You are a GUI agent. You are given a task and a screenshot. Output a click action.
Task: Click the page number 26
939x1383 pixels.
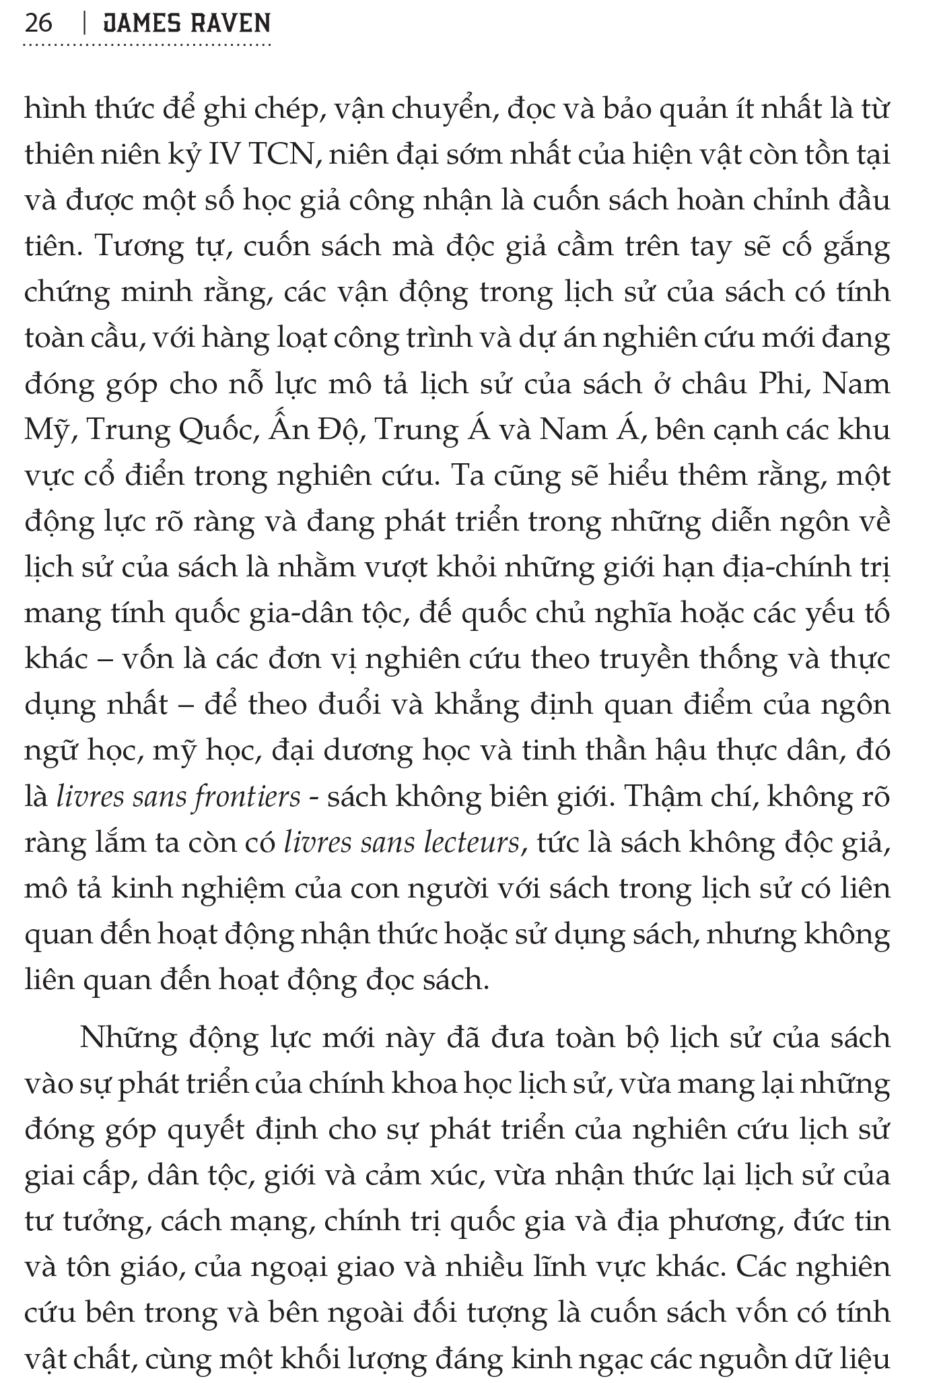(38, 23)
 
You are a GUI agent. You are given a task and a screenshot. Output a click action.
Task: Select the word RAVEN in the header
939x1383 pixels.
(231, 23)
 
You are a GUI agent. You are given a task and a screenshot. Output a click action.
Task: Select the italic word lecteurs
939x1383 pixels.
(473, 843)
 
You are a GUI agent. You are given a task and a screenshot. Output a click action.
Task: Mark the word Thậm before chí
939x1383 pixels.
(664, 797)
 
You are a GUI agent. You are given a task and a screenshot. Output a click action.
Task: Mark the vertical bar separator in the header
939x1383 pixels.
(83, 23)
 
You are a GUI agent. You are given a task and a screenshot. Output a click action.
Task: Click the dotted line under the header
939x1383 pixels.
(147, 46)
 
